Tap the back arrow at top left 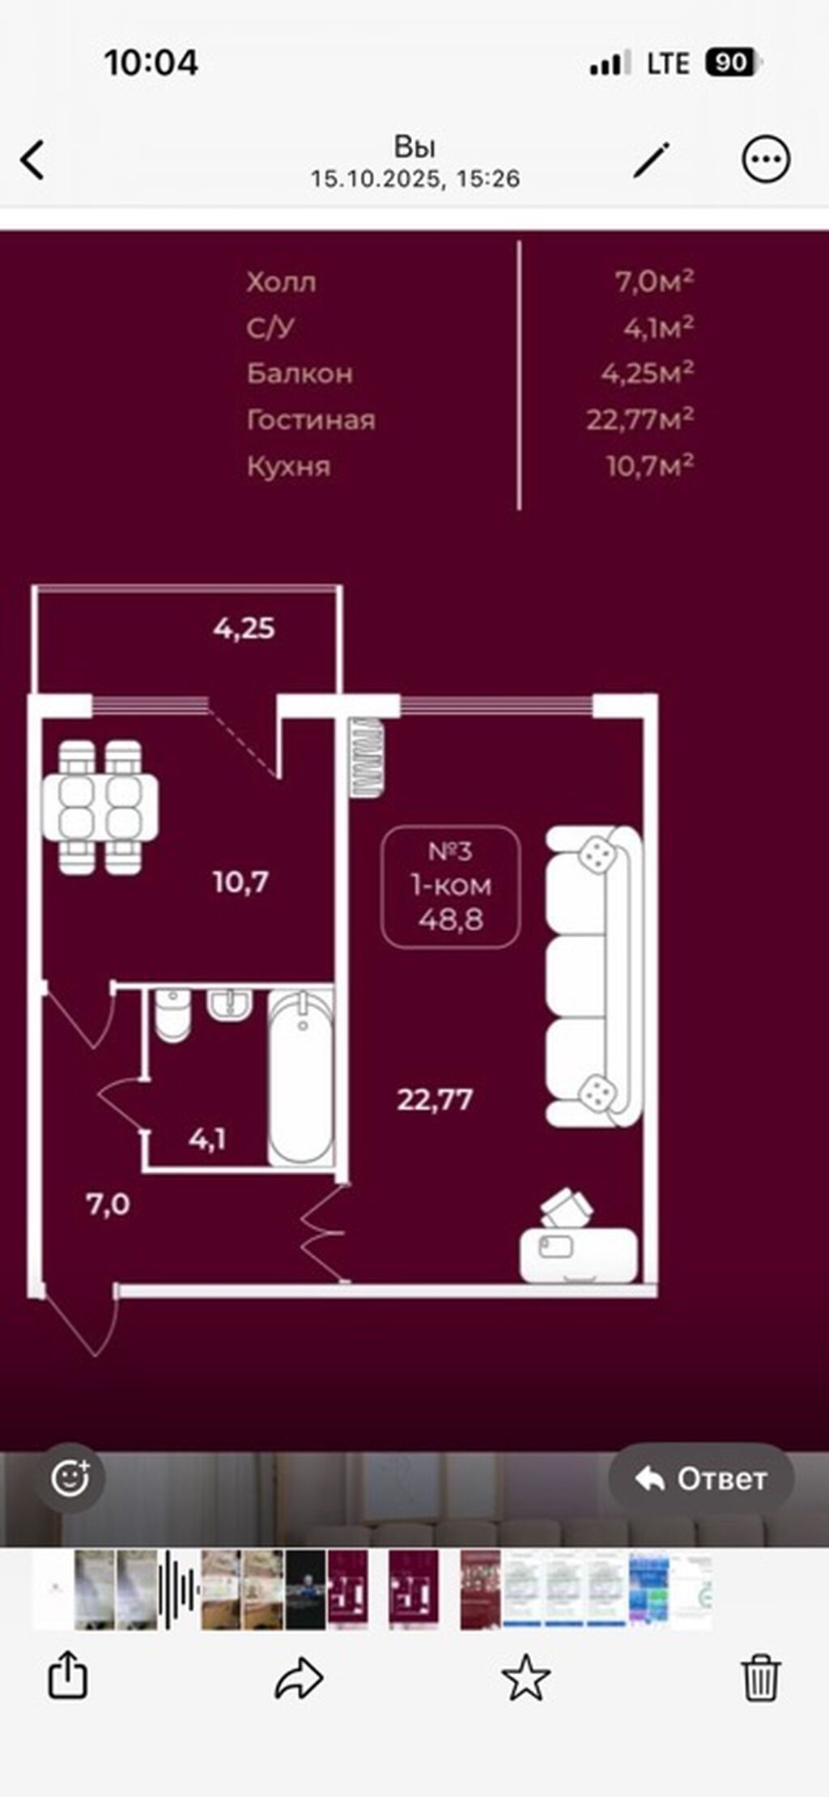point(32,159)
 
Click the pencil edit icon point(652,159)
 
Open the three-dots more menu point(765,159)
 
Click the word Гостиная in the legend point(311,419)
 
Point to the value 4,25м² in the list point(648,372)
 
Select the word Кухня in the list point(289,466)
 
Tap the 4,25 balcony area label point(244,628)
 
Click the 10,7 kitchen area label point(240,882)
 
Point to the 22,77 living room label point(435,1099)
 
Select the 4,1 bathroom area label point(207,1140)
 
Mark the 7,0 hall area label point(108,1204)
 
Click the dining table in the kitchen point(100,807)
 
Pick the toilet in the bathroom point(172,1014)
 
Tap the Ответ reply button point(701,1479)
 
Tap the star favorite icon point(526,1677)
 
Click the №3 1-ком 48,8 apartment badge point(451,886)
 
